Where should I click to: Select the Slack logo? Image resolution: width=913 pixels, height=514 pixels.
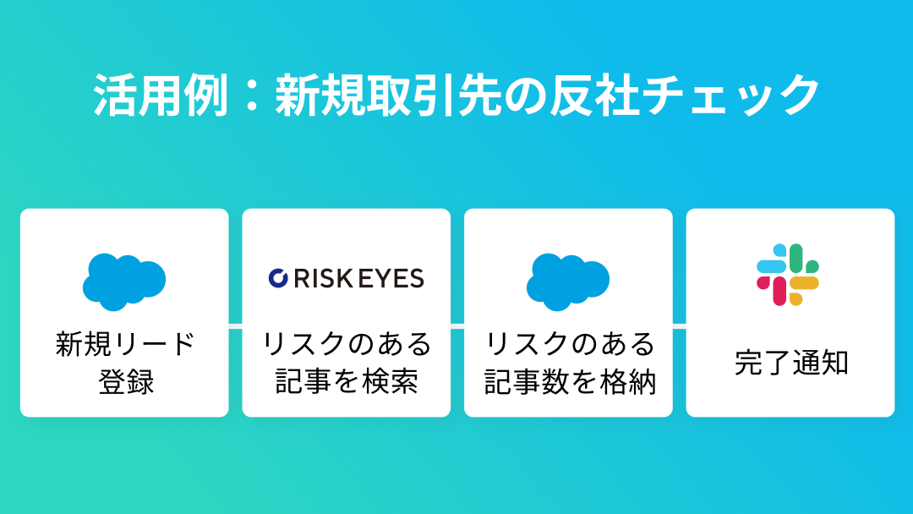tap(788, 275)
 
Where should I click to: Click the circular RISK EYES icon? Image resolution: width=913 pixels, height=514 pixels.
tap(278, 278)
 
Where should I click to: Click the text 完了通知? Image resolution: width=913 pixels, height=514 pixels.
tap(790, 364)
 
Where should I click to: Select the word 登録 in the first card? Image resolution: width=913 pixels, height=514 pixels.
tap(125, 382)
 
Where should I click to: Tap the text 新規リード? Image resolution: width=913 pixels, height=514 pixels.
tap(125, 344)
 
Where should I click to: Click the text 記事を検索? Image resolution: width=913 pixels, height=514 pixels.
tap(347, 382)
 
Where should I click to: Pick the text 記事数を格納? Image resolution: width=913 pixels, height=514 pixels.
tap(569, 382)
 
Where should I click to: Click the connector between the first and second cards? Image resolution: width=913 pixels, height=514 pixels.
tap(236, 324)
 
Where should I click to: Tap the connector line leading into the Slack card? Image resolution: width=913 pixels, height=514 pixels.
tap(679, 324)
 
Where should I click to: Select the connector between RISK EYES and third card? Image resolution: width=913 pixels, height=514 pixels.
tap(457, 324)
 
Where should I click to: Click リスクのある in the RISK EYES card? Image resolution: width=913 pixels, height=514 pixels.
tap(347, 344)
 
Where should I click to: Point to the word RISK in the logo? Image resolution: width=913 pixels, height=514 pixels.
tap(324, 278)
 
